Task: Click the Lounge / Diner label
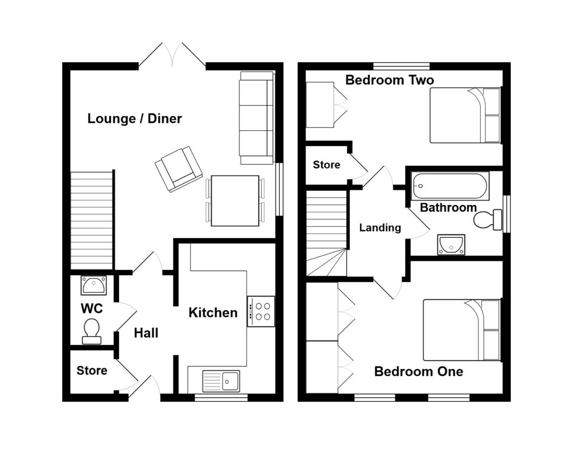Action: click(135, 119)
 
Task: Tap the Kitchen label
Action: click(213, 312)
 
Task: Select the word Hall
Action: click(146, 333)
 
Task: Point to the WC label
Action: click(92, 308)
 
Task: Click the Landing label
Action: click(380, 228)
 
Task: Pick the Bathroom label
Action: click(448, 208)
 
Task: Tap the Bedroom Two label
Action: click(389, 80)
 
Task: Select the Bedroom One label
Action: click(419, 371)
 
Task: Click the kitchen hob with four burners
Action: click(261, 311)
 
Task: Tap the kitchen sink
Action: click(221, 381)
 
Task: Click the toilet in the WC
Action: click(91, 330)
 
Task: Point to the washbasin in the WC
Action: click(93, 285)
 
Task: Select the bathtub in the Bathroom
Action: click(450, 185)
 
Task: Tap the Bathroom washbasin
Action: click(451, 244)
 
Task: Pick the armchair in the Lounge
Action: click(179, 168)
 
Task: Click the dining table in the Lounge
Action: click(235, 200)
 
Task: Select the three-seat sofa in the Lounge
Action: click(257, 118)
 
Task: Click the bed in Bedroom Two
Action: click(464, 115)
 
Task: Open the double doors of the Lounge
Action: click(172, 56)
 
